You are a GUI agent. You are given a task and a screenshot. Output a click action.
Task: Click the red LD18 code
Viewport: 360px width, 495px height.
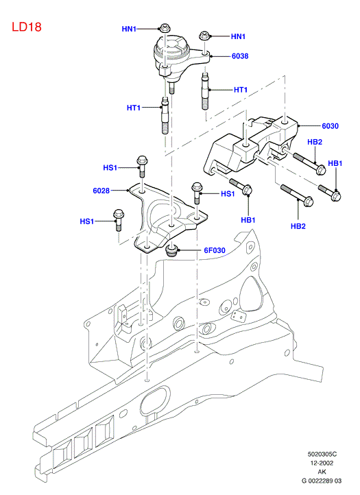[27, 27]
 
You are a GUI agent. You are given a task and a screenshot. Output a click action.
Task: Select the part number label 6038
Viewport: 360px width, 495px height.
[240, 56]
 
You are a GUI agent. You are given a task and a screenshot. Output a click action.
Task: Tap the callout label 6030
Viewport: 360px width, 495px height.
[330, 126]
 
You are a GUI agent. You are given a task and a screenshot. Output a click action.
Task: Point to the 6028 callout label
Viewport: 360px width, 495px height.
[101, 191]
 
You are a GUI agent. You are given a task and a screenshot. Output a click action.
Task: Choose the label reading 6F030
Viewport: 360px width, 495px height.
[215, 250]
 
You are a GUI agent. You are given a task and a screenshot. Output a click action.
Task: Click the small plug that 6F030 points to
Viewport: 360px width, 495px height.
[172, 251]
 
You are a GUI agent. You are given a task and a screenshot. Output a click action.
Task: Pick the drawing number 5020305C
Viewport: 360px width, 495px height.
[322, 455]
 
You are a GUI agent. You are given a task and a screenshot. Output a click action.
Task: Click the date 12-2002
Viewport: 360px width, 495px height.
[322, 463]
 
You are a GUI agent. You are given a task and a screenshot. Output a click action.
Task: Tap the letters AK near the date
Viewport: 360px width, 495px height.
[322, 472]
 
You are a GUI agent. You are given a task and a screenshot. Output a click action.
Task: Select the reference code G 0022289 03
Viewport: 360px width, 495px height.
[322, 481]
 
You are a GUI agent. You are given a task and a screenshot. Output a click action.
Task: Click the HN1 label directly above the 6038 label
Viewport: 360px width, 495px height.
[238, 36]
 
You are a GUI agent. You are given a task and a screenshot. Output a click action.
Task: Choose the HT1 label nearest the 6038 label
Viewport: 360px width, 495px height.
[241, 90]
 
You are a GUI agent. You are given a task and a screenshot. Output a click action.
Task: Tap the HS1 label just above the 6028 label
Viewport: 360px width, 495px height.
[110, 168]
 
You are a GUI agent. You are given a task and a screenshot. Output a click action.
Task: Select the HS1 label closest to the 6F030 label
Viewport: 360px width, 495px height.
[228, 194]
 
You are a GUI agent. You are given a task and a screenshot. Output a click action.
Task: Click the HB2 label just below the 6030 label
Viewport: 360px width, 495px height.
[315, 142]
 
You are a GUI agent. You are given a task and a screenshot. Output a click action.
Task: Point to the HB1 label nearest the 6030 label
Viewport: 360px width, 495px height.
[335, 163]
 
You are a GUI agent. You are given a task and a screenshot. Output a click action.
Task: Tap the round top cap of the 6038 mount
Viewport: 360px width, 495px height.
[173, 47]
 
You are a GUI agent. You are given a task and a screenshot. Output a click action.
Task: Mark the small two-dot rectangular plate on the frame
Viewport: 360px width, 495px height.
[239, 315]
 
